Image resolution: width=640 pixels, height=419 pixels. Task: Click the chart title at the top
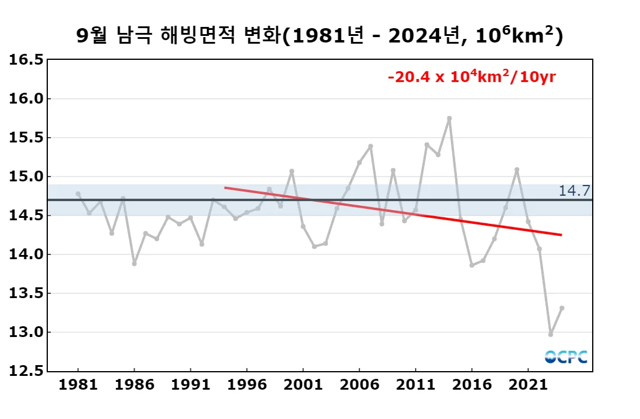320,37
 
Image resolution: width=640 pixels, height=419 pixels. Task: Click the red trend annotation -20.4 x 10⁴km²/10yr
472,77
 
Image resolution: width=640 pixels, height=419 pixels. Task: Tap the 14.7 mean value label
574,191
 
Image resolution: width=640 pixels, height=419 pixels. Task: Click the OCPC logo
566,357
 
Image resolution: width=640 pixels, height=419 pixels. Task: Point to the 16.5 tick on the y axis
26,60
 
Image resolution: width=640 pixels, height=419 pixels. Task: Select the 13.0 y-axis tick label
26,332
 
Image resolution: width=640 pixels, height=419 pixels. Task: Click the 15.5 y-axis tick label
26,138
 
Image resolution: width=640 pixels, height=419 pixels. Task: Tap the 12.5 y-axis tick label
26,371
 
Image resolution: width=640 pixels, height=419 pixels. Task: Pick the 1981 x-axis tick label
78,384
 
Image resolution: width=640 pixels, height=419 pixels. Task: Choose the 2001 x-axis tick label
303,384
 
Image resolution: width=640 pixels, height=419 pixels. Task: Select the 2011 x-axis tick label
415,384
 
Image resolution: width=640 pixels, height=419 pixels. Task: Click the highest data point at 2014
449,119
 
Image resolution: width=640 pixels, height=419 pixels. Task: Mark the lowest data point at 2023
550,334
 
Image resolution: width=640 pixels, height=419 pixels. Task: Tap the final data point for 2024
562,308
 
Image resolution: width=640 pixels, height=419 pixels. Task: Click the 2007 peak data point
370,146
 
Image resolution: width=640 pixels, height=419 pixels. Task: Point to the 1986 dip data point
134,263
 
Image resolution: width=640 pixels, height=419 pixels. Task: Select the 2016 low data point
472,265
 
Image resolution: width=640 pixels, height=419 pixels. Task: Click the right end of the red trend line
561,235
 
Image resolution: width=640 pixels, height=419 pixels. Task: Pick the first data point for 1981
78,194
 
